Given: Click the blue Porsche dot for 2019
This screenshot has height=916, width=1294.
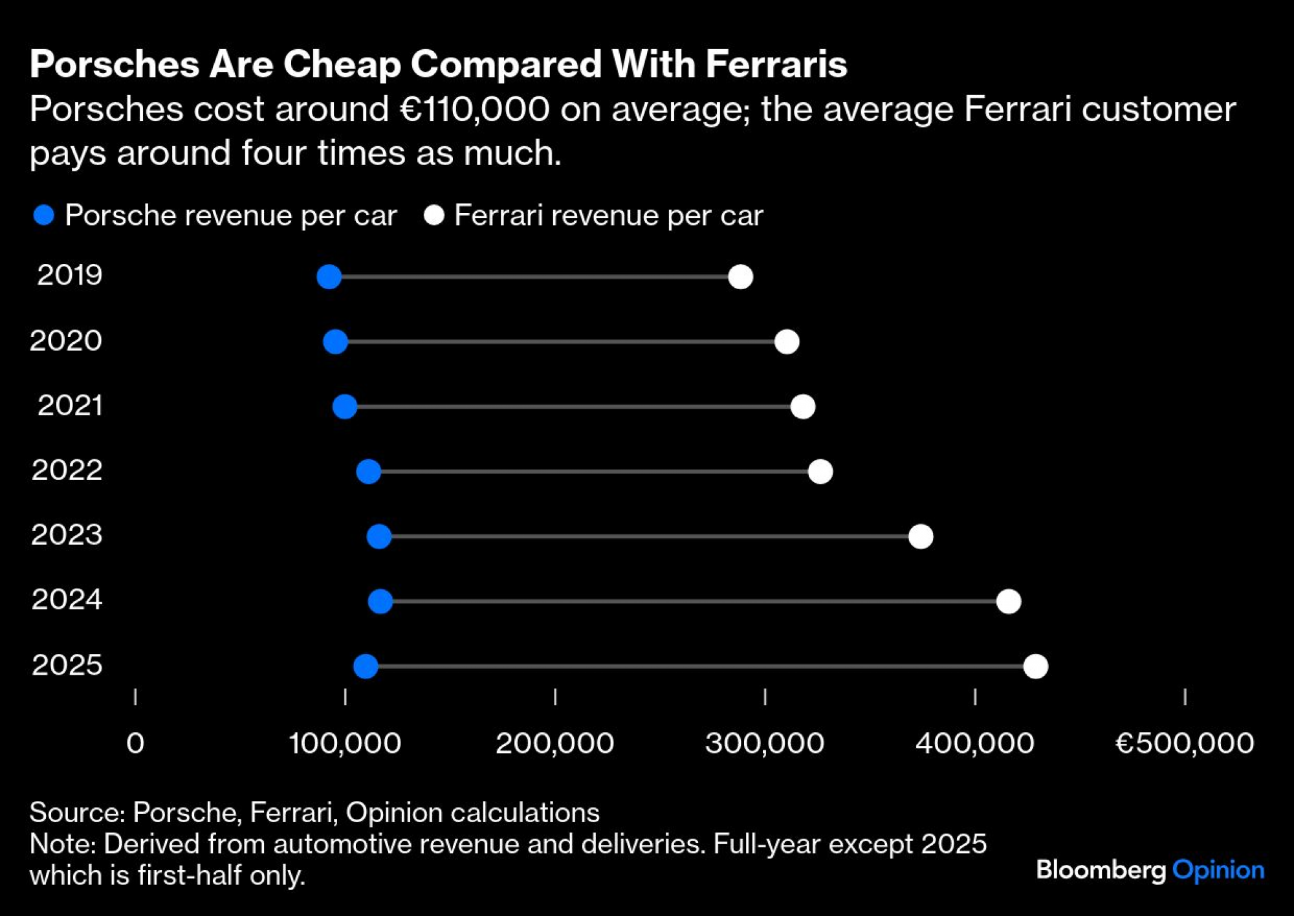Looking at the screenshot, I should (329, 277).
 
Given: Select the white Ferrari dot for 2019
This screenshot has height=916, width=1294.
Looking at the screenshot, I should (740, 277).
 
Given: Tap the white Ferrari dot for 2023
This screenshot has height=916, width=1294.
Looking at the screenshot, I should (920, 536).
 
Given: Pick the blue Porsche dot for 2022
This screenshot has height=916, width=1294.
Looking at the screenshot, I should (368, 472).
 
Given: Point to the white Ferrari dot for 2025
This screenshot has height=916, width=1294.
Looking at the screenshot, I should (1035, 666).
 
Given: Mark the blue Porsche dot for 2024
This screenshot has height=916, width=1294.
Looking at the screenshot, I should (380, 602).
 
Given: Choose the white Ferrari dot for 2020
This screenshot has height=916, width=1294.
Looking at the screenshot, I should (786, 342).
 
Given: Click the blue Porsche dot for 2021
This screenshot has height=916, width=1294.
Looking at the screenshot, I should (344, 407).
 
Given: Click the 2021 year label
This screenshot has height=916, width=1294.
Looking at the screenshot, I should (70, 406).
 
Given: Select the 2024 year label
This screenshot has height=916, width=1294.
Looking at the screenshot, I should (67, 600).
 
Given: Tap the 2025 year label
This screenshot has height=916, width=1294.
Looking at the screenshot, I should (67, 665).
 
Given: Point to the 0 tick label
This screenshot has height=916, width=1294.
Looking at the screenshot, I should (135, 743).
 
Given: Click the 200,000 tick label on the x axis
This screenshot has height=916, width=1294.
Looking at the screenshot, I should (554, 743).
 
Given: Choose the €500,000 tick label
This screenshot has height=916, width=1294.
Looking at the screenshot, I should (1184, 743).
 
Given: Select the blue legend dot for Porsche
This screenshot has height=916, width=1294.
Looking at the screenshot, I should (43, 215).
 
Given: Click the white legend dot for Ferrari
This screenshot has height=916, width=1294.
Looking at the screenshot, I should (433, 215).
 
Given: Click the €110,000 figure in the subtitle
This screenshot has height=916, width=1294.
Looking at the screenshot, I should (474, 109).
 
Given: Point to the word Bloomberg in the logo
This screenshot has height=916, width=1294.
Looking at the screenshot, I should (1100, 870).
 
